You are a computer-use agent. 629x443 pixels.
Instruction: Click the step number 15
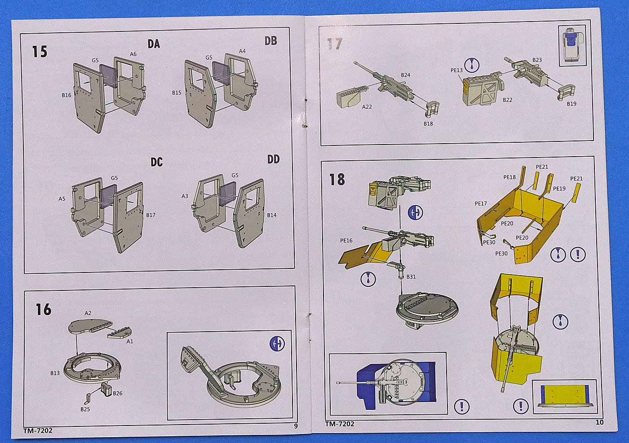click(x=40, y=52)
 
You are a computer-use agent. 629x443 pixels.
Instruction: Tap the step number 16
click(x=44, y=309)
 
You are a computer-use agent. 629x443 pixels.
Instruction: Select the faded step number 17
click(x=335, y=44)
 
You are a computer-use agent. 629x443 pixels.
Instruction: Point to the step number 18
click(x=337, y=180)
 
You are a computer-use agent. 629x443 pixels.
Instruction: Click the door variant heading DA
click(x=154, y=44)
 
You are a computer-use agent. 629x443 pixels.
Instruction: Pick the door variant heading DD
click(x=273, y=159)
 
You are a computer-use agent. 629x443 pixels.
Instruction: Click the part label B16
click(x=66, y=95)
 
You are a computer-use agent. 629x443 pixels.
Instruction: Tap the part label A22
click(x=367, y=107)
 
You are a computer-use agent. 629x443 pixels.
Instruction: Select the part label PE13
click(x=456, y=70)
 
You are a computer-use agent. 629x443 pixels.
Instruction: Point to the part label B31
click(x=411, y=277)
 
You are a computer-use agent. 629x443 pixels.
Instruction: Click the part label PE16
click(x=346, y=241)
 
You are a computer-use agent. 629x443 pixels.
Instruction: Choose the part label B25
click(x=85, y=409)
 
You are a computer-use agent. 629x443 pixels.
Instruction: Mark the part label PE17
click(x=481, y=203)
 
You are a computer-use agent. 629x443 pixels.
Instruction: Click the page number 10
click(x=599, y=422)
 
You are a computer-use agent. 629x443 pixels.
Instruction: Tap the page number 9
click(x=296, y=425)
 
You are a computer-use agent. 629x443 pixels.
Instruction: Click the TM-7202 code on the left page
click(x=38, y=430)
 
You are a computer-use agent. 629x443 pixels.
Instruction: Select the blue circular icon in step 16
click(x=277, y=344)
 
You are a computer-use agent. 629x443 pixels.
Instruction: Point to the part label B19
click(x=571, y=104)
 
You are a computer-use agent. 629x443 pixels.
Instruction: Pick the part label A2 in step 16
click(x=88, y=313)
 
